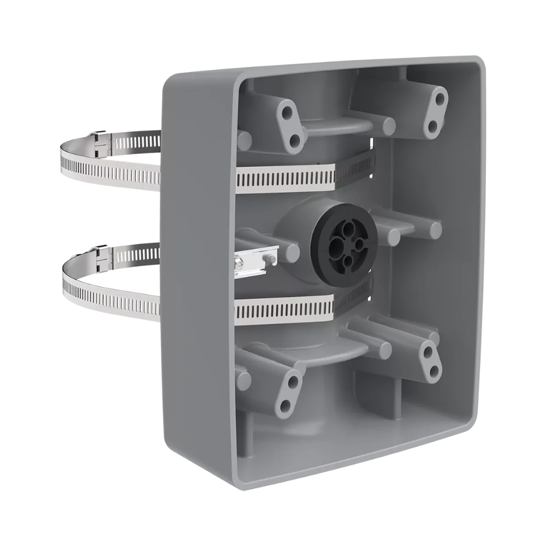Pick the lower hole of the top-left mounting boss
point(295,142)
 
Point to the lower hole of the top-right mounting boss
point(432,127)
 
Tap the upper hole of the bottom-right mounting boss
point(429,349)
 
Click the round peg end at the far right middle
point(435,230)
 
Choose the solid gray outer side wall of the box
point(197,273)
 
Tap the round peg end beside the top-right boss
point(388,126)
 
